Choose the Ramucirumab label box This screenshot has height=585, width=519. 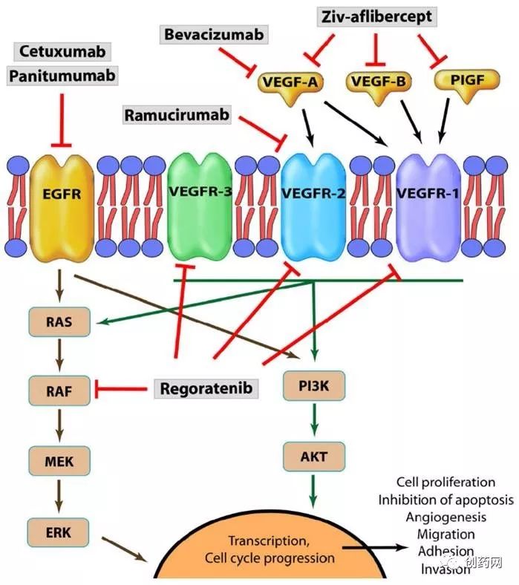176,115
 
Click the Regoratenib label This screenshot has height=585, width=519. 206,388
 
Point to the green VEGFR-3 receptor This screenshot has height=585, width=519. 200,197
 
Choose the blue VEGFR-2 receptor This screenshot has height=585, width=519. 313,197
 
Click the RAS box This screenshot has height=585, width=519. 58,321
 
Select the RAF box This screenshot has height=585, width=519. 58,387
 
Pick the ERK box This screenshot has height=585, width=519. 58,531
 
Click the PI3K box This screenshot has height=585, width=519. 315,387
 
